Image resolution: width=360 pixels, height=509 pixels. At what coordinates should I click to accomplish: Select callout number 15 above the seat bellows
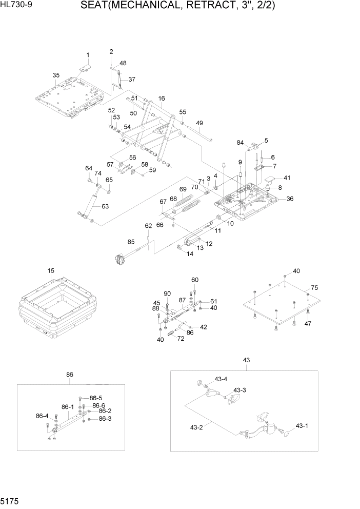point(51,270)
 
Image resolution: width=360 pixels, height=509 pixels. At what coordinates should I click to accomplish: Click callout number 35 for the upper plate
point(56,75)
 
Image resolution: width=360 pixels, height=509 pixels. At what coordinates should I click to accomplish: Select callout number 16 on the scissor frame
point(161,98)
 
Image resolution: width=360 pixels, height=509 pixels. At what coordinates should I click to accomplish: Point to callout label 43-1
point(301,426)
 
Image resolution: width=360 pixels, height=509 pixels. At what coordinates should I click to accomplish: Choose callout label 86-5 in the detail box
point(96,398)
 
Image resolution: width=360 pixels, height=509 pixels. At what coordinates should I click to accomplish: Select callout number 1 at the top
point(88,55)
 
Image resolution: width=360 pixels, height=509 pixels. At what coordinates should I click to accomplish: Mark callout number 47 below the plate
point(308,324)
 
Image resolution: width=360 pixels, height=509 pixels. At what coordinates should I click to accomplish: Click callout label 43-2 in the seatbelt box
point(197,427)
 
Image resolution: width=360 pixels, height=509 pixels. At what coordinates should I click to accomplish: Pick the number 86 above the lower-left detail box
point(70,375)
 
